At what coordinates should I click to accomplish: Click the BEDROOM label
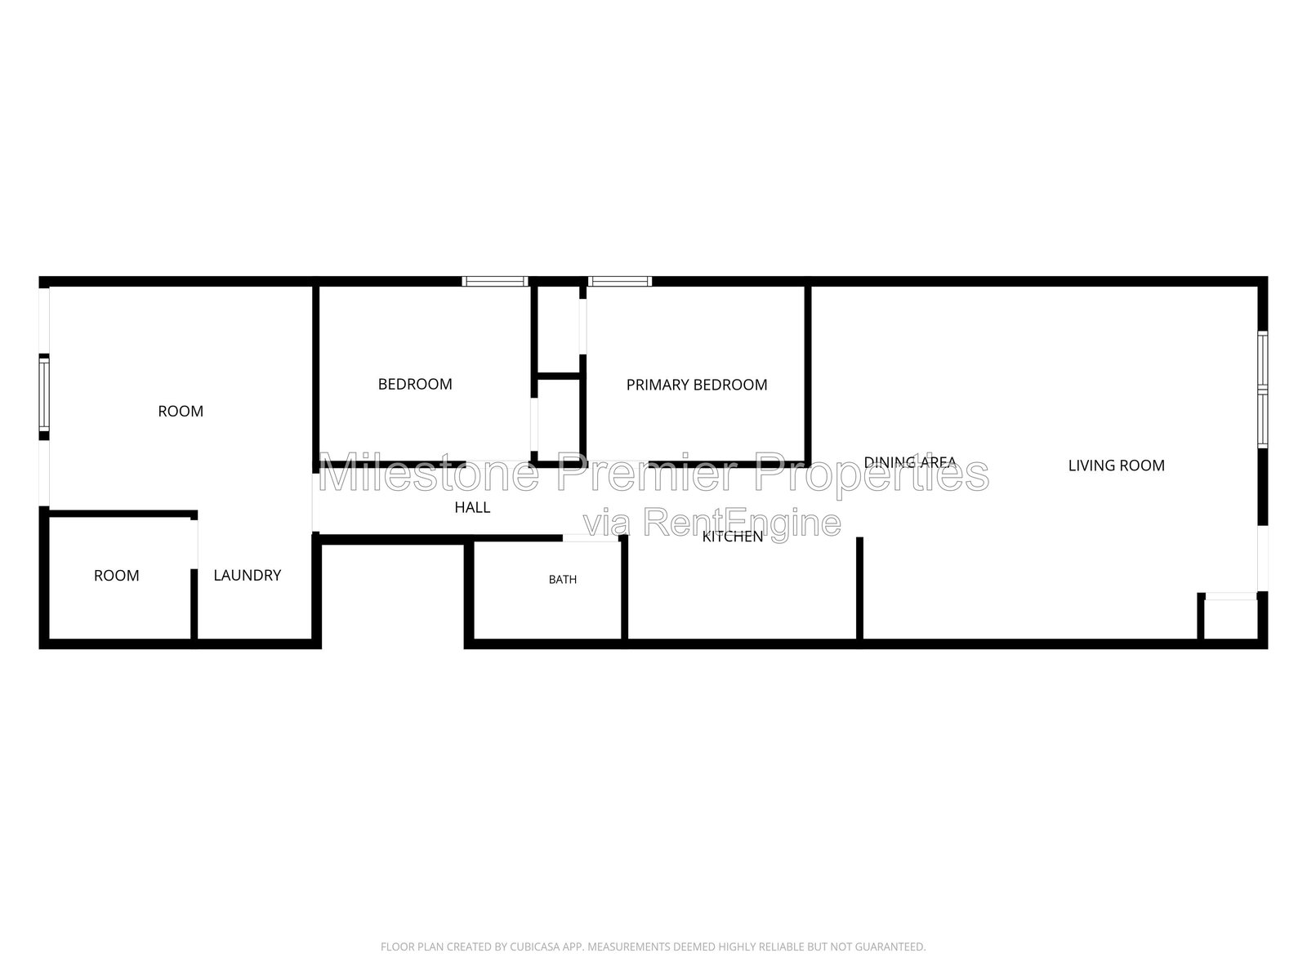point(415,385)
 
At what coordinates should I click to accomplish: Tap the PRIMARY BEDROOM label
point(697,385)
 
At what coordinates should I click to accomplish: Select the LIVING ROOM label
point(1117,465)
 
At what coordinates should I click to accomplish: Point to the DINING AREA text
point(910,461)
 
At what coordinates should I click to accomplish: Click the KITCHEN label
point(733,537)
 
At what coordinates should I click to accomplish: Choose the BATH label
point(563,580)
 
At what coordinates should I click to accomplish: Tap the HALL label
point(472,507)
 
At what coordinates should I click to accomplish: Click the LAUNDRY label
point(248,576)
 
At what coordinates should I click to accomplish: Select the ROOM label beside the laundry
point(117,576)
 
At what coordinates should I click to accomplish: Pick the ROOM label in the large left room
point(181,411)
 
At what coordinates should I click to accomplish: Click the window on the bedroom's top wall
point(495,282)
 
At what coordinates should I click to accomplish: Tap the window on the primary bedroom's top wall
point(620,282)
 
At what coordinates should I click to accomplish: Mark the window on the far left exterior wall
point(44,394)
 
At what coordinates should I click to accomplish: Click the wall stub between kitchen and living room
point(860,589)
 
